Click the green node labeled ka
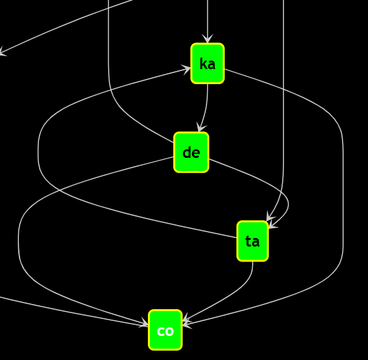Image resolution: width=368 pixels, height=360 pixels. [208, 63]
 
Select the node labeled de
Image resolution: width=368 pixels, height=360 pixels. [191, 152]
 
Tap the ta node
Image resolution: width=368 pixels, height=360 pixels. [253, 241]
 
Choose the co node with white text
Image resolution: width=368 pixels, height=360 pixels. [165, 330]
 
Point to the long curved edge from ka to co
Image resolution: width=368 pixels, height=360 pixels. [343, 188]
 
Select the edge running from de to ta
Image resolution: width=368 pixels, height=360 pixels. [270, 183]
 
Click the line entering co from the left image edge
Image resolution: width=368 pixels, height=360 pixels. [73, 312]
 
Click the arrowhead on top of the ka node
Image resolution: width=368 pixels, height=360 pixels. [208, 38]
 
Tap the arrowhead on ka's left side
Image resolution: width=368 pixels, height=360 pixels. [186, 69]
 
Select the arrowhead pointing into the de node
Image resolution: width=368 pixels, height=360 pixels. [200, 128]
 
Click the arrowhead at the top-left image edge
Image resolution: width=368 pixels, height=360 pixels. [3, 53]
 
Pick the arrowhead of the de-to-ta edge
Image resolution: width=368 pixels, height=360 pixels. [272, 226]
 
